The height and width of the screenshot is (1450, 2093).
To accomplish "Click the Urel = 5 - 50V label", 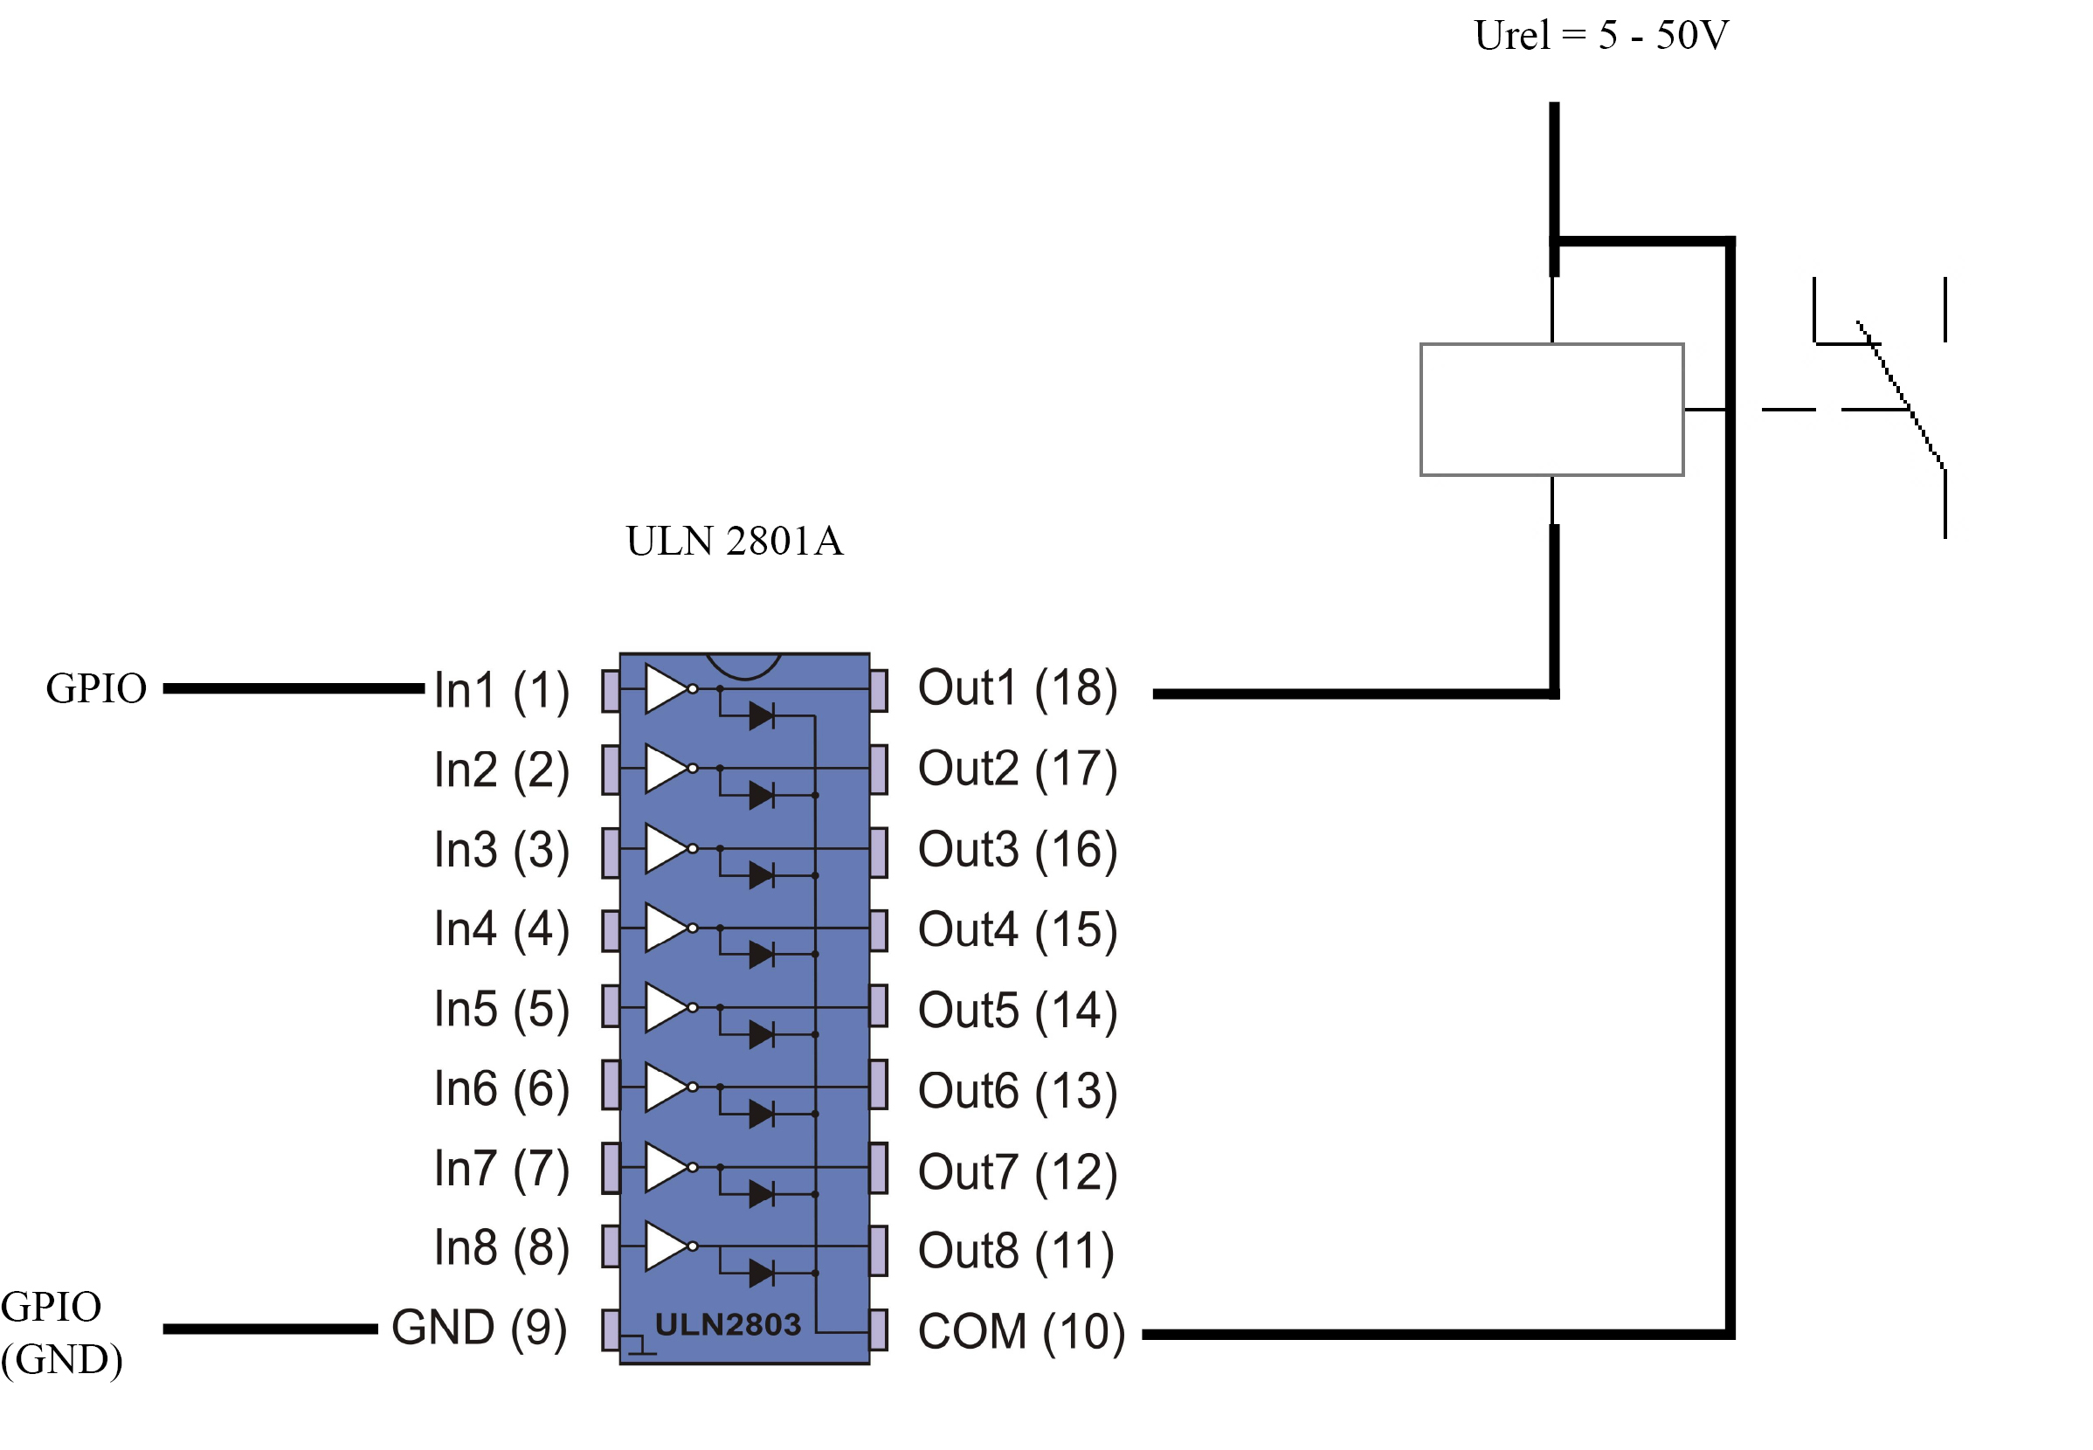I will point(1600,37).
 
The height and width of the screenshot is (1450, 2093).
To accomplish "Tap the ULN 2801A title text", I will point(734,542).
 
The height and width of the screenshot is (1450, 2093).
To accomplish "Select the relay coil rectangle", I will point(1551,410).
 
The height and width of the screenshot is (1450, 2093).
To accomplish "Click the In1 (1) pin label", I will point(501,689).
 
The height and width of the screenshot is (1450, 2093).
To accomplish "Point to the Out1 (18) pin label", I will point(1018,687).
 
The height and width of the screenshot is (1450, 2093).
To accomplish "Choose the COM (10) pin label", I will point(1021,1332).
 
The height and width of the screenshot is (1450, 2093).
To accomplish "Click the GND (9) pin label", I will point(479,1328).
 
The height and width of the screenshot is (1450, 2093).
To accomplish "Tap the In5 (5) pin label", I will point(501,1010).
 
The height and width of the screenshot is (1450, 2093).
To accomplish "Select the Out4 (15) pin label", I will point(1018,929).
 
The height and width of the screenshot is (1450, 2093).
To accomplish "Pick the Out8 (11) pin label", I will point(1016,1251).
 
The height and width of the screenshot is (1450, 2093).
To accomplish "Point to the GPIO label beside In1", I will point(96,688).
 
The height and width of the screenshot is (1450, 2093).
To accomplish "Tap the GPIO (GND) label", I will point(60,1333).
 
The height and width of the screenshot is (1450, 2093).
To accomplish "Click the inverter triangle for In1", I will point(666,688).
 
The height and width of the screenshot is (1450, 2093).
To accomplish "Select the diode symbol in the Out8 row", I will point(761,1273).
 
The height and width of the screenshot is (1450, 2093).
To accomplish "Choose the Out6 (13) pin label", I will point(1018,1090).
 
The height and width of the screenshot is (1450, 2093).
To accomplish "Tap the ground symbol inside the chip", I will point(641,1345).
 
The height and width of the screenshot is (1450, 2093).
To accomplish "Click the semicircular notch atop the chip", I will point(743,666).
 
